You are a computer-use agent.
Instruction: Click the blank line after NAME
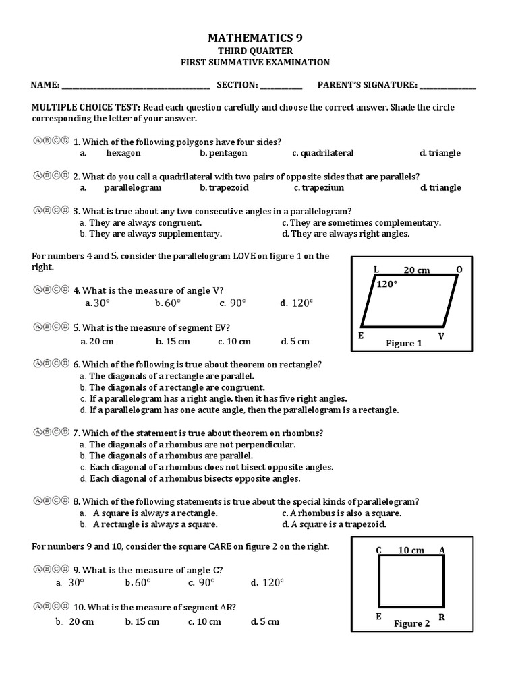click(136, 86)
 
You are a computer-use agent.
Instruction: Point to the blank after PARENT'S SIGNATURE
click(447, 86)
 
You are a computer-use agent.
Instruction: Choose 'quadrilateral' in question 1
click(323, 153)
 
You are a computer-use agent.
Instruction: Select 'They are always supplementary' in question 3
click(155, 234)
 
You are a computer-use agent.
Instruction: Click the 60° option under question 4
click(168, 303)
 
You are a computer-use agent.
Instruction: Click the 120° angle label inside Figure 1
click(386, 284)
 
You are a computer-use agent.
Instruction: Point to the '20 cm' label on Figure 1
click(416, 270)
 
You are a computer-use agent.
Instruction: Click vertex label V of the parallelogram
click(441, 336)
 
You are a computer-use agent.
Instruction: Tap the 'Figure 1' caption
click(404, 344)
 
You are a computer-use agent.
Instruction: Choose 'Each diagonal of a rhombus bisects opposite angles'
click(195, 478)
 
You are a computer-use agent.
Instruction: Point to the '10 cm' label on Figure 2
click(411, 551)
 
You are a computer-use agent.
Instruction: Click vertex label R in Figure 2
click(441, 617)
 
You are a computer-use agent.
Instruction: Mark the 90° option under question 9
click(203, 583)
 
